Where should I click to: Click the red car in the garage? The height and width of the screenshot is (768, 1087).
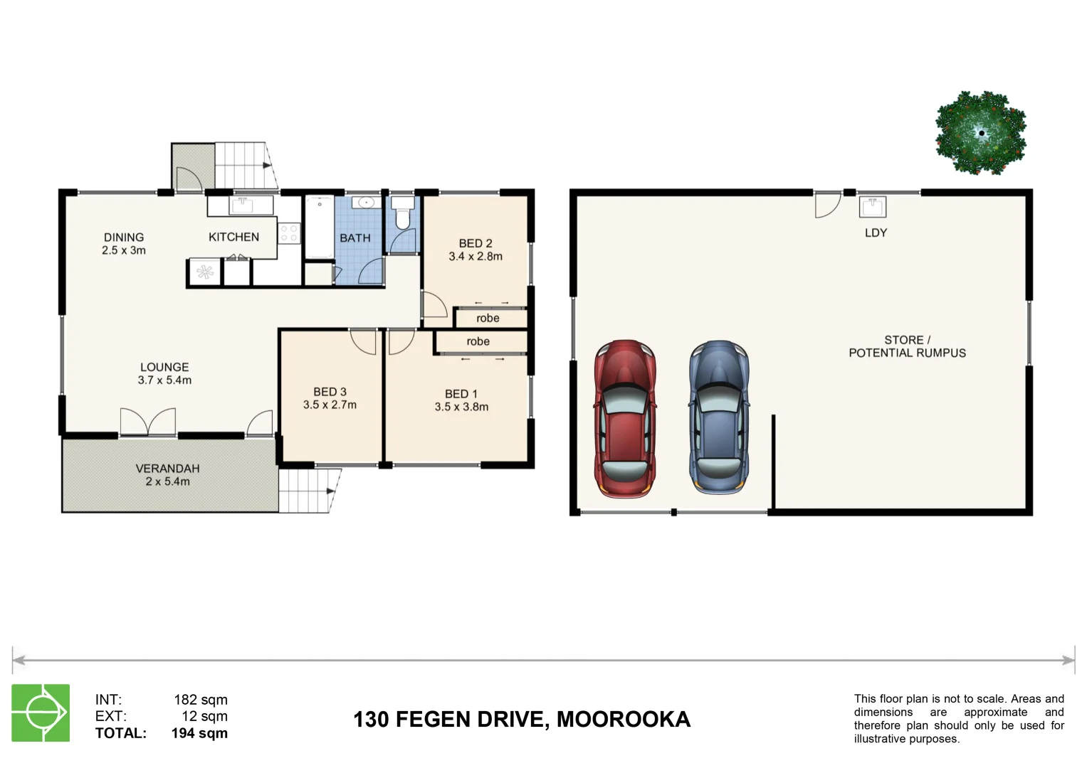625,418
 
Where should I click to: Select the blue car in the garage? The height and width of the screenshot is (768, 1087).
719,417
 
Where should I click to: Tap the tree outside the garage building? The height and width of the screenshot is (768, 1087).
981,133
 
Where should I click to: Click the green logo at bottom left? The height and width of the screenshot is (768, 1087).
41,713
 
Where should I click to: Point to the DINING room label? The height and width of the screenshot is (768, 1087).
124,237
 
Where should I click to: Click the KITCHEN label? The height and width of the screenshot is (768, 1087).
233,237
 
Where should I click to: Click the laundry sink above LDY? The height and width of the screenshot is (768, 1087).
872,207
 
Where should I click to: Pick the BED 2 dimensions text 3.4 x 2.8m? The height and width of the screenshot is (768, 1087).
476,257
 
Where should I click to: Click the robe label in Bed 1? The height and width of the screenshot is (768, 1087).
478,342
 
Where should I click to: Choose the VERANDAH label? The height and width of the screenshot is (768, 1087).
167,469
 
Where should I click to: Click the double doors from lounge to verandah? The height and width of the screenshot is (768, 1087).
148,422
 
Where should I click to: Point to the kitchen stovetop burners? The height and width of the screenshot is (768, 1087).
288,234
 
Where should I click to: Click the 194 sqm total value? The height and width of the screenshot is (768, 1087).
199,733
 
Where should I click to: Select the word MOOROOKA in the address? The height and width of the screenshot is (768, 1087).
623,720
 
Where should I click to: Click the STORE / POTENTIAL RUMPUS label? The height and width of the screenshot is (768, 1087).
907,346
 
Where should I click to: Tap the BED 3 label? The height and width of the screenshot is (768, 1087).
330,392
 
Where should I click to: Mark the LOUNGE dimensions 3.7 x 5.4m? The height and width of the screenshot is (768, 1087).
164,380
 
